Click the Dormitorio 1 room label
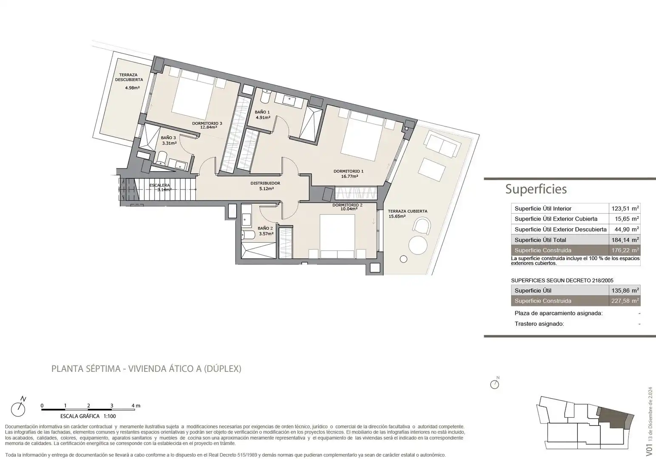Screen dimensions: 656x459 click(x=348, y=171)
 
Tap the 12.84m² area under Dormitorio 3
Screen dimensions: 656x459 click(x=209, y=127)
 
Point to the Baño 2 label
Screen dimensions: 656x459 click(x=265, y=228)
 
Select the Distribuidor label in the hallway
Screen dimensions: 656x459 click(x=265, y=183)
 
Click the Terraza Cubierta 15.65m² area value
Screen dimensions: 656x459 click(x=397, y=216)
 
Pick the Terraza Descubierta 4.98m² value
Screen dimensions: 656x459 click(x=133, y=88)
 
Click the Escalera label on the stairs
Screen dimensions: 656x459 click(x=160, y=185)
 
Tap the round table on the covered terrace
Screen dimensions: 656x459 click(x=418, y=245)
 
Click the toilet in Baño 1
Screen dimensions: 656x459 click(x=266, y=96)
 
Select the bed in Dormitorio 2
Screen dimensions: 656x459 click(x=337, y=236)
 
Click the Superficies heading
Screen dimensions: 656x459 click(x=536, y=189)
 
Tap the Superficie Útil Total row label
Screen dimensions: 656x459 click(x=540, y=240)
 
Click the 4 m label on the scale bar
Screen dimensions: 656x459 click(x=136, y=406)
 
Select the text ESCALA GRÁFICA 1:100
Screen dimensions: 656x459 click(x=88, y=416)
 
